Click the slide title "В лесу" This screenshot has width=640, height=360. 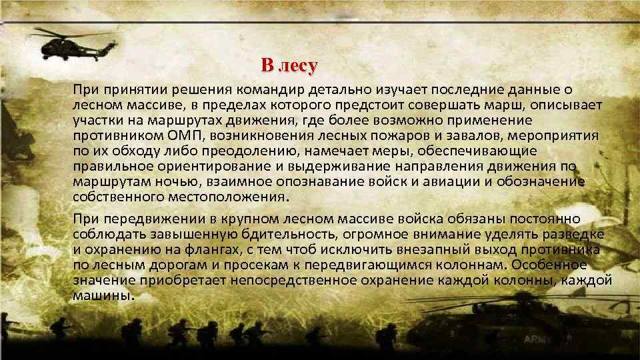click(x=289, y=66)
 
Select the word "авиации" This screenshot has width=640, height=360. click(x=449, y=181)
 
